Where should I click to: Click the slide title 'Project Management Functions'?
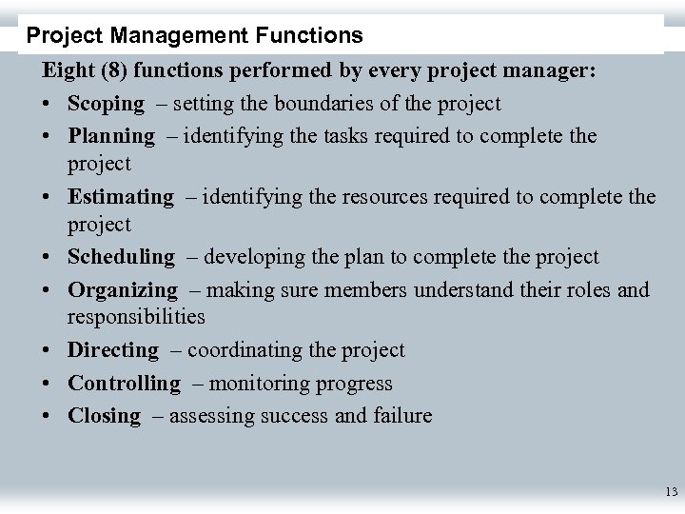[x=195, y=36]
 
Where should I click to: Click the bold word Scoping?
[x=106, y=104]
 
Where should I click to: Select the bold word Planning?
[x=110, y=136]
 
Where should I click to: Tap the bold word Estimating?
[x=121, y=197]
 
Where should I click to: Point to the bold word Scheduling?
[x=121, y=257]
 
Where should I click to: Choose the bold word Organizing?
[x=122, y=290]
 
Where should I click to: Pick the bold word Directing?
[x=113, y=350]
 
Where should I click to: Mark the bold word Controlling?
[x=124, y=384]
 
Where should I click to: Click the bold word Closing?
[x=104, y=416]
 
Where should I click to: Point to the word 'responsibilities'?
[x=136, y=316]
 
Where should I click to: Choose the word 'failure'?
[x=403, y=416]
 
